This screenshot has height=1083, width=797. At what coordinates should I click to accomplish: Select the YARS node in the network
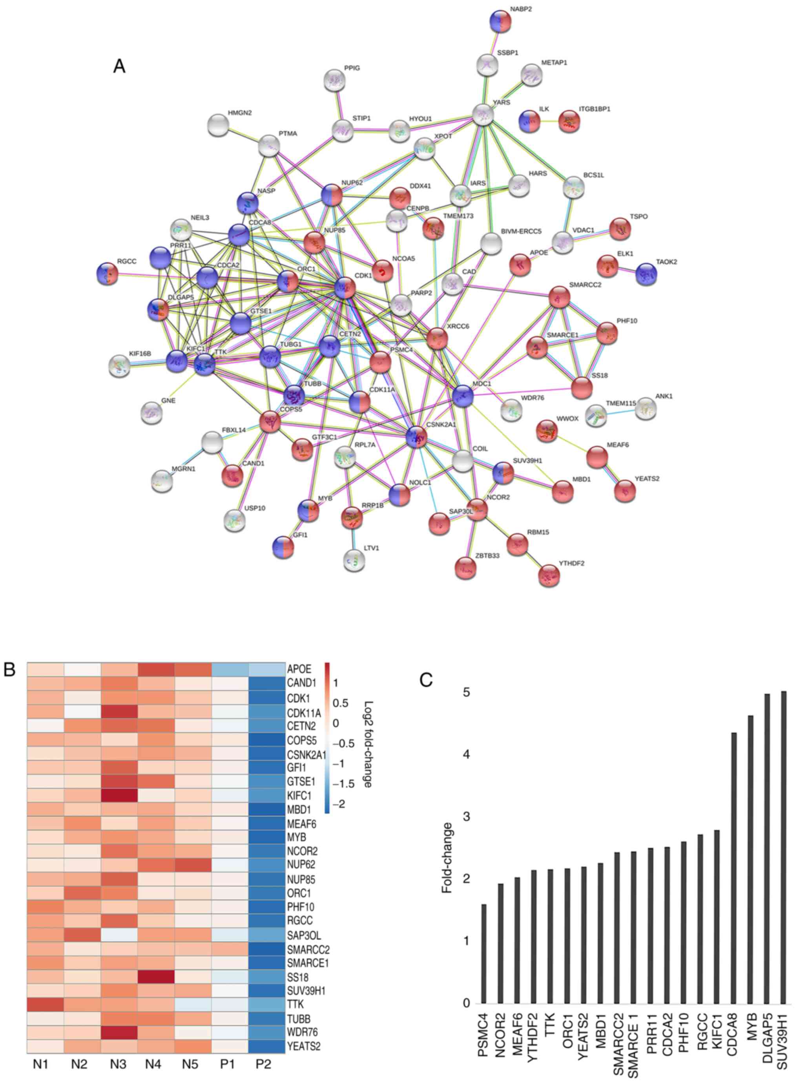483,114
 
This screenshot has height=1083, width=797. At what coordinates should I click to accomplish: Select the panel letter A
119,66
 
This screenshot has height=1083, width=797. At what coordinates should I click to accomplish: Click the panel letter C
426,680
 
